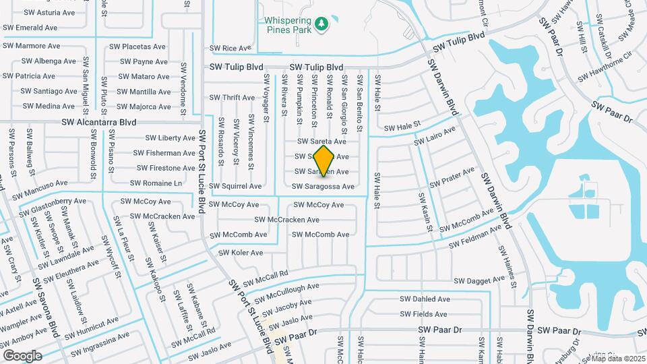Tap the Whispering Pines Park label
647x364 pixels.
(x=296, y=25)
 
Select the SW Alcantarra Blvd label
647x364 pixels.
(x=98, y=123)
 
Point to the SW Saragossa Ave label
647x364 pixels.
(x=323, y=187)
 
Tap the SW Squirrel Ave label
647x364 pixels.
(x=235, y=187)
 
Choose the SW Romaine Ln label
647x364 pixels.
(x=156, y=183)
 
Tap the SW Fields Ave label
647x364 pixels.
(x=423, y=314)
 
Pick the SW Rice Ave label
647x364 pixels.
(x=230, y=49)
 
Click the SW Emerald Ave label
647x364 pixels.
(x=30, y=28)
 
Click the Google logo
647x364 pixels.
(x=22, y=356)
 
